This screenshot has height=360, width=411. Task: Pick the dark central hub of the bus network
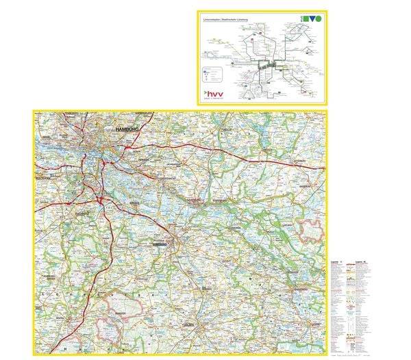point(266,65)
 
